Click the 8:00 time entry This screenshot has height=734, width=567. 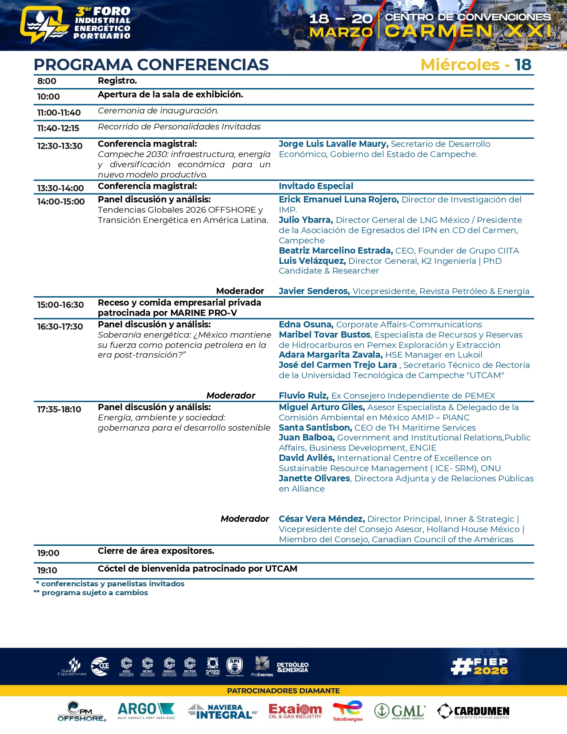click(x=47, y=81)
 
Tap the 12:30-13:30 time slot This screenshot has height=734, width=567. click(x=60, y=146)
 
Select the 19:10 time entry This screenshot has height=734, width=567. click(x=47, y=570)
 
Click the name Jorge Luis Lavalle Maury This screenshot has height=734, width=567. click(x=334, y=144)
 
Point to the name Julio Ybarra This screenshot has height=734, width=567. click(x=305, y=220)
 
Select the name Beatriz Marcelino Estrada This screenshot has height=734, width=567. click(x=336, y=250)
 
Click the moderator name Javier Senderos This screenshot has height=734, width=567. click(x=314, y=291)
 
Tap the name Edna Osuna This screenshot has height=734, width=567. click(x=306, y=324)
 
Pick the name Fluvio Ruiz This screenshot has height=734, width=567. click(x=303, y=395)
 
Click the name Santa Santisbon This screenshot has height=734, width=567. click(x=315, y=427)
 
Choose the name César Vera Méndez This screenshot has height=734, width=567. click(x=322, y=519)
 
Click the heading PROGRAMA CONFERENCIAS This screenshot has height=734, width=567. click(x=151, y=65)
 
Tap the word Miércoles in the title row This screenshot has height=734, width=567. click(x=460, y=65)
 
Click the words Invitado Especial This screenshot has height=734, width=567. click(x=316, y=186)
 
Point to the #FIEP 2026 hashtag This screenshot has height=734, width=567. click(x=479, y=666)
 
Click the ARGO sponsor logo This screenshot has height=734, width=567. click(x=146, y=710)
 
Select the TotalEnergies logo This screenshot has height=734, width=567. click(x=348, y=710)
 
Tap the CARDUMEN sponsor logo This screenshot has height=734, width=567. click(x=473, y=711)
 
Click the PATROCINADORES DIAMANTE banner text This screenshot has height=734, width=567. click(x=283, y=690)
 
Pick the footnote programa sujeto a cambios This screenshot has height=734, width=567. click(x=94, y=593)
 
